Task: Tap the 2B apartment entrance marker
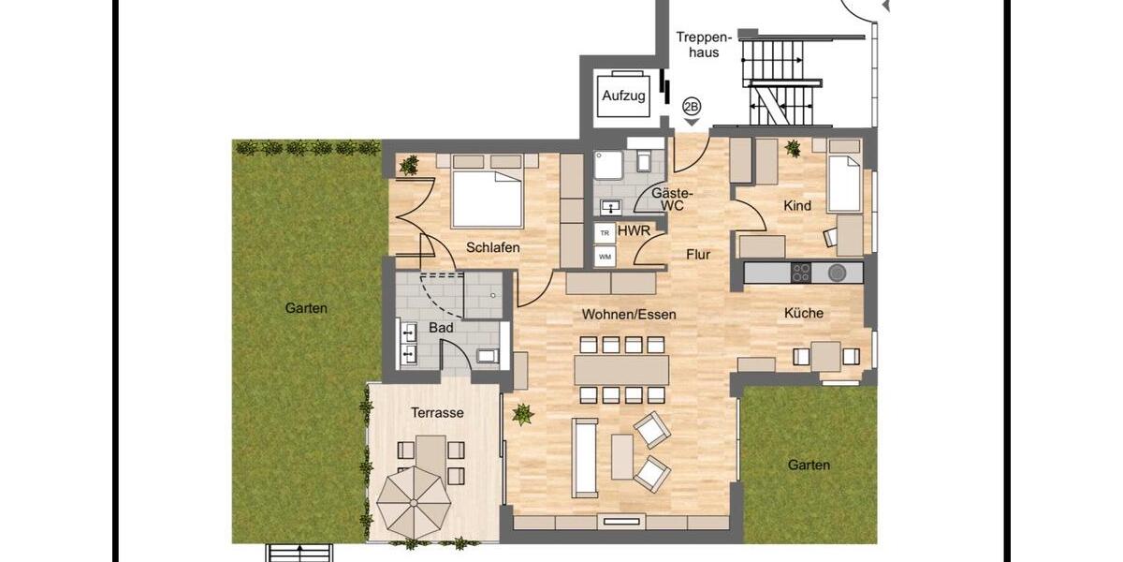coord(692,107)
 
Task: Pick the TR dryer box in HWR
coord(605,232)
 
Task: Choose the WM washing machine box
coord(605,256)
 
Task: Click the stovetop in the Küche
coord(802,273)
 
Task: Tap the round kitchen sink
coord(837,273)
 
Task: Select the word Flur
coord(697,254)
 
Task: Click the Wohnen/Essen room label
coord(628,315)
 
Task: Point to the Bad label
coord(440,328)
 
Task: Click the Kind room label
coord(798,205)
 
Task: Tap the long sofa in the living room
coord(585,458)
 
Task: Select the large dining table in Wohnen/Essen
coord(622,369)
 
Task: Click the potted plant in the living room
coord(522,413)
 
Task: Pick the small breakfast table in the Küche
coord(825,356)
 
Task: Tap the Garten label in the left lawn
coord(307,307)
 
